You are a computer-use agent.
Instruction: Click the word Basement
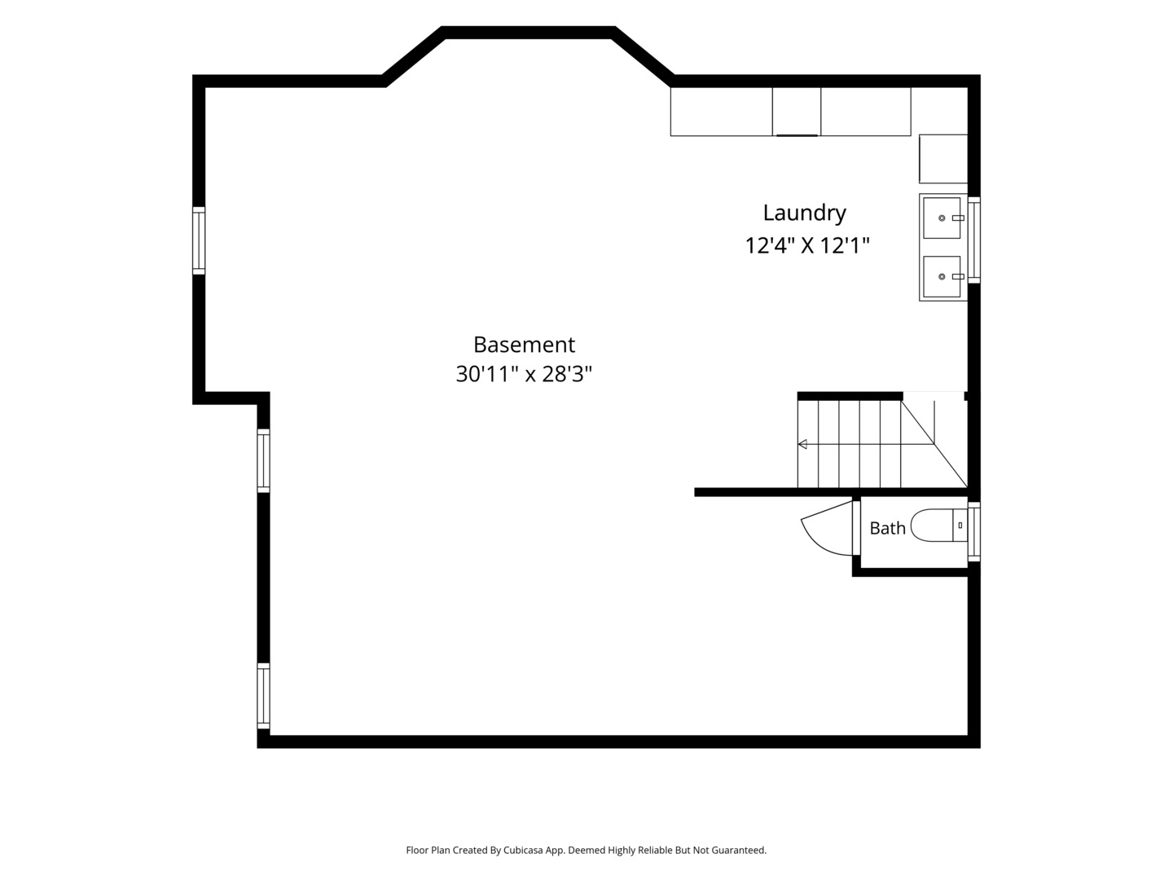point(524,345)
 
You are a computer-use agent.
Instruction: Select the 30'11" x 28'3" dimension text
point(524,374)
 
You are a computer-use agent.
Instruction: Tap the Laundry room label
point(804,213)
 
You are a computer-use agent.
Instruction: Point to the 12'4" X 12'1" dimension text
point(807,245)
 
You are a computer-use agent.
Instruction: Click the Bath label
point(887,528)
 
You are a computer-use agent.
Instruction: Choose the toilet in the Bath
point(938,526)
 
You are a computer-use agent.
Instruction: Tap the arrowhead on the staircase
point(802,444)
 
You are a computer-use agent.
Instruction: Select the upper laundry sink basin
point(942,218)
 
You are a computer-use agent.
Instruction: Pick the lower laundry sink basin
point(942,276)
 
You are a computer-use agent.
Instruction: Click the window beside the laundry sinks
point(973,240)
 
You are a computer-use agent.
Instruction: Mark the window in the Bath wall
point(973,531)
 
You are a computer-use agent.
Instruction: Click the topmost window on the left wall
point(199,240)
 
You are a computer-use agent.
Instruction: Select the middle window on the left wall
point(263,460)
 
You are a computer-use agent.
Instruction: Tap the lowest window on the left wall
point(263,696)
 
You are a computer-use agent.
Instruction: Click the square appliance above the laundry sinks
point(943,159)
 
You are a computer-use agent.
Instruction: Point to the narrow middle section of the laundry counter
point(796,112)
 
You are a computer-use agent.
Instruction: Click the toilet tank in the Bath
point(960,526)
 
